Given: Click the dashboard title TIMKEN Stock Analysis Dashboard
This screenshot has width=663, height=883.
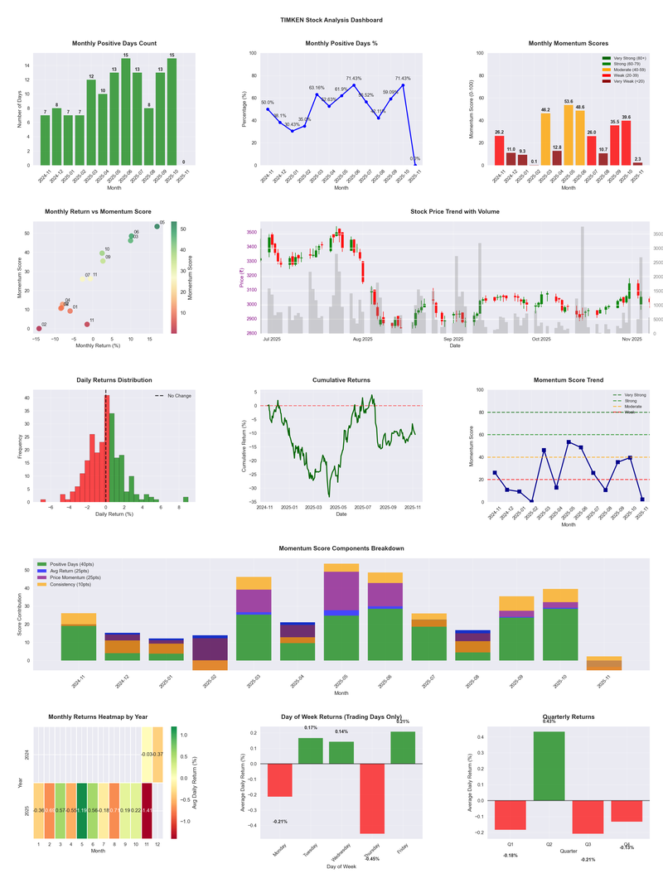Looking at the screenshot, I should tap(331, 19).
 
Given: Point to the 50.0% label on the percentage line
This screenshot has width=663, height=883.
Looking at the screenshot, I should tap(268, 103).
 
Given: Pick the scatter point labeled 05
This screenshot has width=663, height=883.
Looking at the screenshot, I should tap(157, 226).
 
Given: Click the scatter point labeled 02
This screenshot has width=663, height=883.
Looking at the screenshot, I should tap(38, 329).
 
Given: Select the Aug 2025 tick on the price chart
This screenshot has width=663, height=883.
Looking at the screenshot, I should tap(362, 340).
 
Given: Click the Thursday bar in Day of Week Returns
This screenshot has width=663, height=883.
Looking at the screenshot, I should tap(373, 799).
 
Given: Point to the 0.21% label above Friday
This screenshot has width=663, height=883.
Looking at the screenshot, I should tap(403, 721).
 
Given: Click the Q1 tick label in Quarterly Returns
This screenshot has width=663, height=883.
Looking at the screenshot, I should tap(511, 846).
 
